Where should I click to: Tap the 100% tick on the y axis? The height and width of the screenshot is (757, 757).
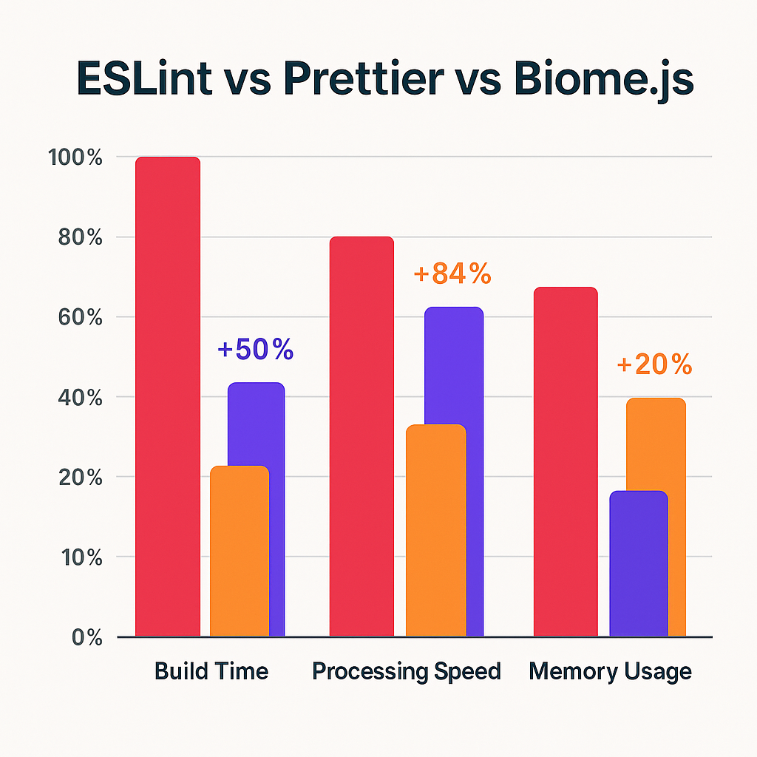76,157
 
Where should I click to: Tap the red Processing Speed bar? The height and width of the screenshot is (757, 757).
361,436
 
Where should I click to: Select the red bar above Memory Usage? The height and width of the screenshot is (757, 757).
565,462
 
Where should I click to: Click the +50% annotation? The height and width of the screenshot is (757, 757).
256,350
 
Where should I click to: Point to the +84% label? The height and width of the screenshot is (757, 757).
452,274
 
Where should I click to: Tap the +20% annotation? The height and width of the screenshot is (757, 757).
654,364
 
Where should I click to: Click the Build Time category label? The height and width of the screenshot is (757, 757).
211,671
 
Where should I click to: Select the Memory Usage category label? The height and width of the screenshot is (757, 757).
611,671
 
